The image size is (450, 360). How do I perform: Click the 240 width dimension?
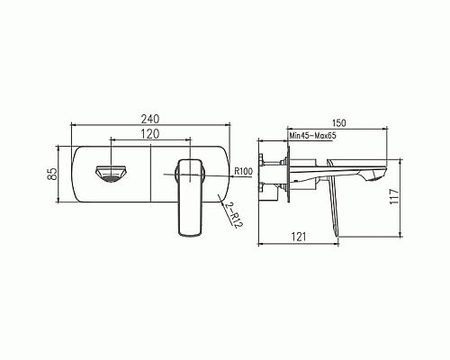coord(151,118)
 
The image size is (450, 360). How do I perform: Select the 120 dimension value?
coord(151,133)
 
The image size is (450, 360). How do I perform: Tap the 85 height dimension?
coord(52,172)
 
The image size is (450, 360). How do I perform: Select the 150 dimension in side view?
coord(340,123)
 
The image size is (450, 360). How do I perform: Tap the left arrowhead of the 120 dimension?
coord(112,140)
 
